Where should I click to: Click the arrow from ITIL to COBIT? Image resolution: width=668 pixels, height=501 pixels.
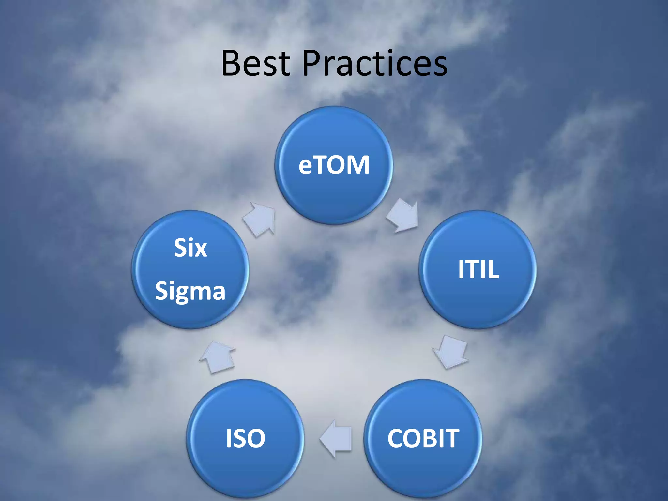451,352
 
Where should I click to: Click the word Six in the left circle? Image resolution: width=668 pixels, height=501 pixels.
190,248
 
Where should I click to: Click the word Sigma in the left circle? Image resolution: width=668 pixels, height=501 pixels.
190,291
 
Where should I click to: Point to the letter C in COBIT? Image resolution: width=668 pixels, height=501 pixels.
396,438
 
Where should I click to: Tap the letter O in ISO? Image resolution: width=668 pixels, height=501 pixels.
256,438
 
